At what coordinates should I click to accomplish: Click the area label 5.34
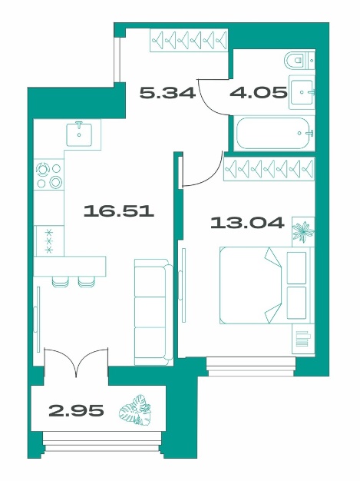click(x=167, y=93)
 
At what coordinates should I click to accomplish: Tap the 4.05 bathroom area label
click(x=259, y=92)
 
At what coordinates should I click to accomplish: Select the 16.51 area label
click(x=119, y=211)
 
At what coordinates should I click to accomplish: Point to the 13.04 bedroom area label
click(x=247, y=222)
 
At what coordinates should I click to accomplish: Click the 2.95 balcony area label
click(x=76, y=410)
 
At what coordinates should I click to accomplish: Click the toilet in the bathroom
click(x=299, y=61)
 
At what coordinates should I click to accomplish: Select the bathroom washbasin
click(x=302, y=91)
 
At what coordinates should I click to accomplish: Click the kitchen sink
click(x=79, y=134)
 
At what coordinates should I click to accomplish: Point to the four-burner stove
click(x=49, y=175)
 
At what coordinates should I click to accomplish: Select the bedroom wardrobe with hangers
click(x=269, y=169)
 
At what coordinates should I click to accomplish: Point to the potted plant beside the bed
click(x=303, y=231)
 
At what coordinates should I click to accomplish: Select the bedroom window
click(x=251, y=367)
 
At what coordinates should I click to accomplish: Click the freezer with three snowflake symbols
click(x=49, y=240)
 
